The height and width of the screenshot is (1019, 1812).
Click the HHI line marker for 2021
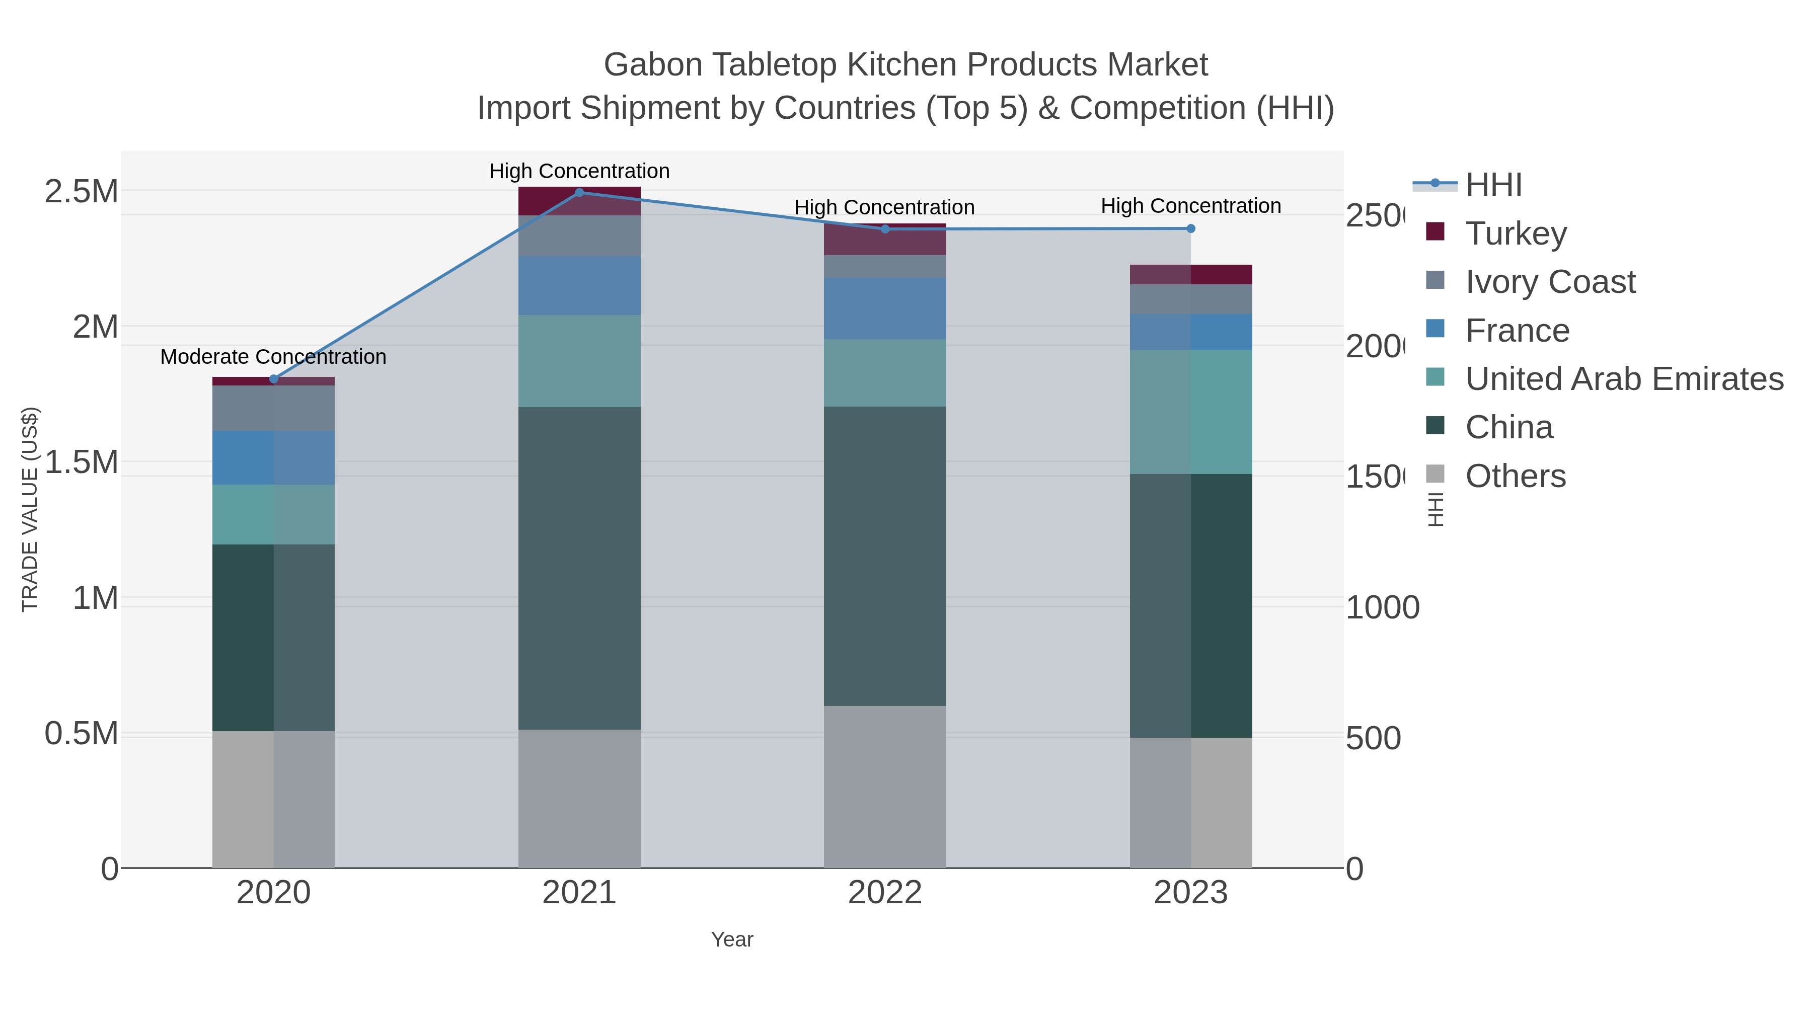click(x=580, y=193)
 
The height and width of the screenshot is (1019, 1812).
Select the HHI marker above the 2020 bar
click(x=274, y=379)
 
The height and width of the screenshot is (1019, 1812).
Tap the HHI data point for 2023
click(x=1191, y=228)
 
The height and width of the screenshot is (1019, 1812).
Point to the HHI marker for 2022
click(x=885, y=229)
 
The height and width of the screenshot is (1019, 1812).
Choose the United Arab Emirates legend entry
click(x=1623, y=378)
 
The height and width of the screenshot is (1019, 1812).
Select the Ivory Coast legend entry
click(x=1550, y=281)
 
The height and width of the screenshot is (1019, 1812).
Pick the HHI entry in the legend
click(x=1493, y=185)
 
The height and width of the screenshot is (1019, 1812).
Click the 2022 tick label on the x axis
click(x=884, y=893)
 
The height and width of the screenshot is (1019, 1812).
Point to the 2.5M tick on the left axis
click(x=81, y=191)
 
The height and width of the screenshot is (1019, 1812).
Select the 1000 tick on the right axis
click(x=1382, y=607)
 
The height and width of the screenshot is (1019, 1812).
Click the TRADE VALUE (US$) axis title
click(x=30, y=509)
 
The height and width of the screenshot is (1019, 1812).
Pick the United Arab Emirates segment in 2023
click(x=1191, y=412)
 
